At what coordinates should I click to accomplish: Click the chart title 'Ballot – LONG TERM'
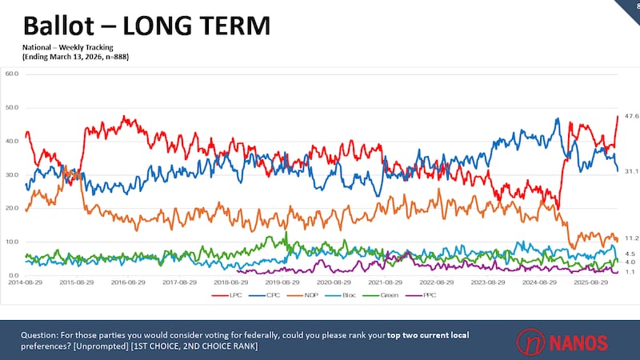pos(146,26)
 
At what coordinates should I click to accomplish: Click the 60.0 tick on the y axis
pos(12,74)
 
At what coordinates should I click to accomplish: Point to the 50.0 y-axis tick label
pos(12,107)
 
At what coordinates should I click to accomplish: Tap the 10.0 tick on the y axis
pos(12,242)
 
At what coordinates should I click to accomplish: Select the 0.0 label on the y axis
pos(14,275)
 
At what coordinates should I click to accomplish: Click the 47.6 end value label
pos(630,117)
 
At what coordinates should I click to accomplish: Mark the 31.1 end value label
pos(630,171)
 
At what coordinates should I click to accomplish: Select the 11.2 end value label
pos(630,238)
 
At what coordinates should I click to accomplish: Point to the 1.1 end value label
pos(630,272)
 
